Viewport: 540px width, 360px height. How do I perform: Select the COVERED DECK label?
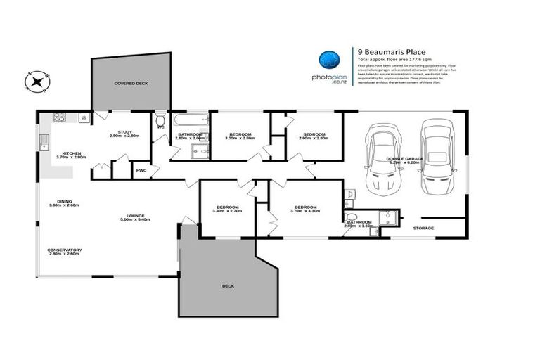click(x=131, y=84)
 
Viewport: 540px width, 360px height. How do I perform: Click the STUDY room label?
click(x=125, y=132)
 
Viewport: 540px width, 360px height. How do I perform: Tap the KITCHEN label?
click(x=73, y=153)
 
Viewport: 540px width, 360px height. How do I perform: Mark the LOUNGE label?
click(x=136, y=216)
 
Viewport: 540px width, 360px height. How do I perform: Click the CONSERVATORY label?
click(x=65, y=250)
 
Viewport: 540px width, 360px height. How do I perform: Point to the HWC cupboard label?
click(x=141, y=170)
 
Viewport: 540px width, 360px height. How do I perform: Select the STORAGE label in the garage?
click(x=423, y=228)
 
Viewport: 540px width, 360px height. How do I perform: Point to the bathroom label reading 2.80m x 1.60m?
click(x=359, y=224)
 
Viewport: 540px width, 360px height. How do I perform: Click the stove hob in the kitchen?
click(x=60, y=117)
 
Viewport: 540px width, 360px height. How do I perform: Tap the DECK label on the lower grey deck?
click(x=227, y=286)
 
